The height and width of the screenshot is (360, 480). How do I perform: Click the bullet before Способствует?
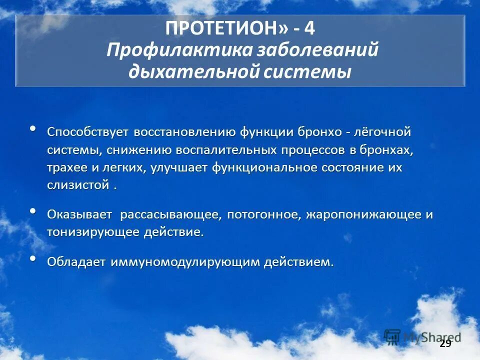(33, 129)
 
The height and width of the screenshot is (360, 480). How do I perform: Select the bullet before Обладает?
(33, 258)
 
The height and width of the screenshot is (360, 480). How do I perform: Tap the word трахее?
(66, 167)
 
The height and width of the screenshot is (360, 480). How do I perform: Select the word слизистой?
(78, 185)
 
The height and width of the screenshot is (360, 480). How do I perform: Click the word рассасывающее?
(170, 215)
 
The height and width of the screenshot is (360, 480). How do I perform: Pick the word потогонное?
(263, 215)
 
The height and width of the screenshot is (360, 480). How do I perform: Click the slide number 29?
(445, 343)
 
